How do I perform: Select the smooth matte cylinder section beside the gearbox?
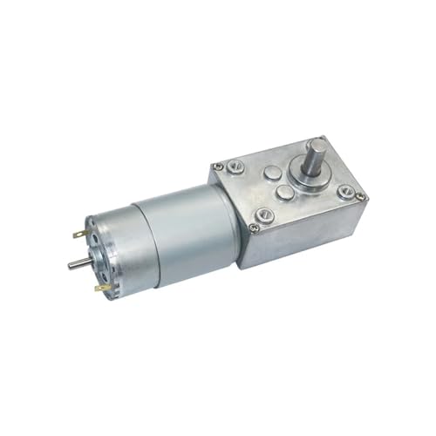(183, 227)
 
